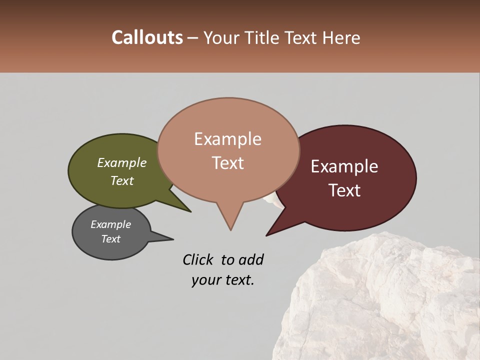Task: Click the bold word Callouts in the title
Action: pyautogui.click(x=147, y=37)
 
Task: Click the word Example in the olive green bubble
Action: pyautogui.click(x=121, y=162)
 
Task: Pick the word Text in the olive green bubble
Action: pyautogui.click(x=121, y=180)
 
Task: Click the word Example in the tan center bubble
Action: pyautogui.click(x=227, y=139)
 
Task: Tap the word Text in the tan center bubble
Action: pyautogui.click(x=227, y=163)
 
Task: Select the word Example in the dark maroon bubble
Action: pyautogui.click(x=344, y=166)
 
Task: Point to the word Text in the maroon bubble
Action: pyautogui.click(x=344, y=190)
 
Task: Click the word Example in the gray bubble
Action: pyautogui.click(x=110, y=224)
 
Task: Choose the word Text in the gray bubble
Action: pyautogui.click(x=110, y=239)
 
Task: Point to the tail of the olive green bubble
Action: pyautogui.click(x=189, y=210)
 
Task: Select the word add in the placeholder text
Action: pyautogui.click(x=251, y=259)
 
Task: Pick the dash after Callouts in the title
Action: pyautogui.click(x=193, y=38)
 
